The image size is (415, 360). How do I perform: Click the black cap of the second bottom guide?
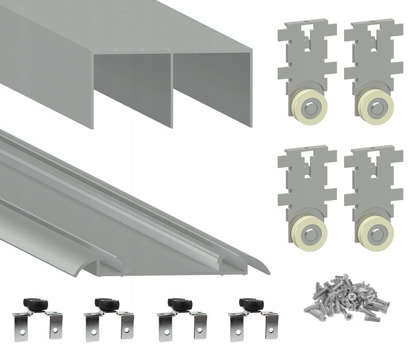pos(107,304)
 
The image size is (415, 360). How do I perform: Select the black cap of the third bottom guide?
pos(179,304)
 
